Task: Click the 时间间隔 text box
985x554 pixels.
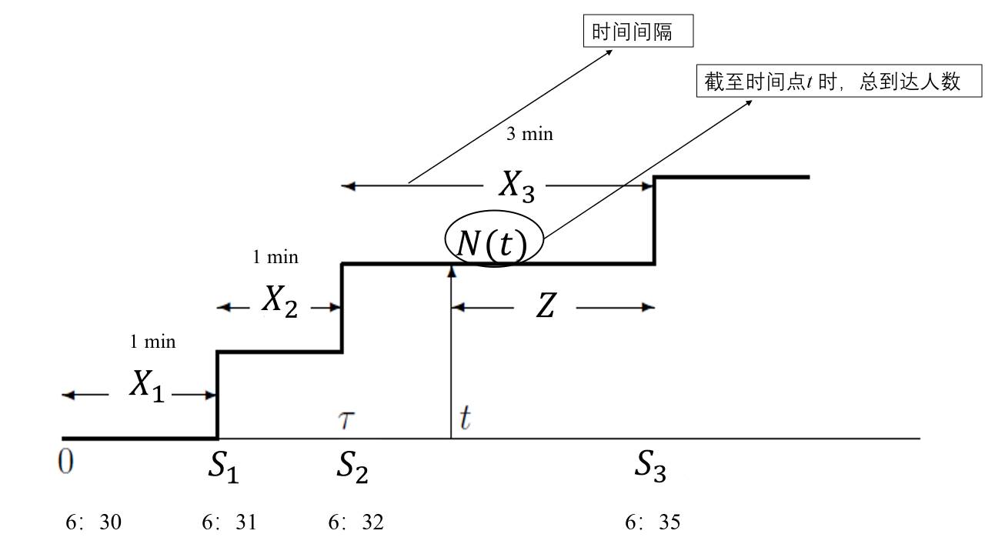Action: click(638, 33)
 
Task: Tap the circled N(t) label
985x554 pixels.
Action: click(492, 244)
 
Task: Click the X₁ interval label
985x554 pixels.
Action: click(147, 385)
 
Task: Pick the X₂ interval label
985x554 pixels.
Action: click(280, 302)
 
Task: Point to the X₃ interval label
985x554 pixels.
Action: click(516, 185)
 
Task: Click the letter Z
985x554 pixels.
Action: click(545, 308)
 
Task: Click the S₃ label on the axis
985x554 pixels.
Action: click(650, 466)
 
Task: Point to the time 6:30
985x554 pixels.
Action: click(94, 523)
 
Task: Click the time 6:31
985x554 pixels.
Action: click(229, 523)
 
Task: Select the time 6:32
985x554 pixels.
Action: click(356, 523)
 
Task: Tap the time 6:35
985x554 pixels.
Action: click(653, 523)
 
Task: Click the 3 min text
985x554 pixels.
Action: click(529, 134)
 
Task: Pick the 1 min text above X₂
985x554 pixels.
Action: click(275, 257)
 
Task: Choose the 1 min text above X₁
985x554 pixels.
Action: click(152, 342)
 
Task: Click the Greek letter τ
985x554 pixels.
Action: click(346, 420)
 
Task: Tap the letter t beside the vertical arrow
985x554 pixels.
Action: click(465, 419)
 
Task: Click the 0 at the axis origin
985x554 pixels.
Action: click(66, 464)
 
